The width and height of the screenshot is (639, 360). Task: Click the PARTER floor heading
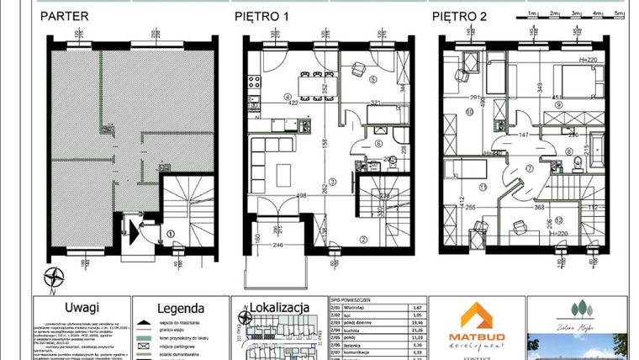coord(67,16)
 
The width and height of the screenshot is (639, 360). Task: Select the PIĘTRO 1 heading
coord(261,16)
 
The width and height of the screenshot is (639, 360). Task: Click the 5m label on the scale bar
coord(619,14)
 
